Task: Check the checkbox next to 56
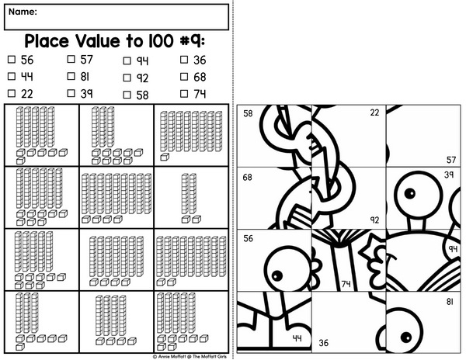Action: tap(12, 60)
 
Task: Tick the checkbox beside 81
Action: tap(71, 76)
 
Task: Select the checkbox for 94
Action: tap(127, 61)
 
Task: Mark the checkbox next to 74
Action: tap(184, 94)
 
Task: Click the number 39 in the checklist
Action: tap(86, 94)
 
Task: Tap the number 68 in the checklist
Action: tap(200, 77)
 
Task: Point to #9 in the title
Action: tap(192, 41)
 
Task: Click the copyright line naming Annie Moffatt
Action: tap(190, 356)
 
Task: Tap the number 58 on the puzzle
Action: tap(248, 113)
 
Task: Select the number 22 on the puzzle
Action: tap(374, 112)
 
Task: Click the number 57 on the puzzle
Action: tap(451, 160)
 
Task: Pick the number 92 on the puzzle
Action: tap(375, 220)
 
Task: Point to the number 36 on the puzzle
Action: tap(323, 343)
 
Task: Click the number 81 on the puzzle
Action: tap(450, 302)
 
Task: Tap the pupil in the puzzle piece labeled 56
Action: tap(277, 276)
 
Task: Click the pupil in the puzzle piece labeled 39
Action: tap(410, 193)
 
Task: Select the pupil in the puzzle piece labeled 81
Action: tap(406, 337)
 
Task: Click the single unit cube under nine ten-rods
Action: tap(165, 157)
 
